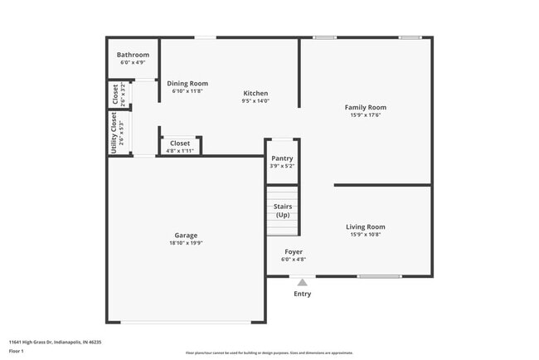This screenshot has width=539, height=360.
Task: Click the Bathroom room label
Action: [133, 55]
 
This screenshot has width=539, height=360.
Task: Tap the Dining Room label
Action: [187, 83]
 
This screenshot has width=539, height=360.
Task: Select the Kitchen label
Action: [255, 93]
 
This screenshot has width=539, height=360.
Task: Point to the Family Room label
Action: [366, 107]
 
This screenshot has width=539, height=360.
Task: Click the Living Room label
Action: [366, 226]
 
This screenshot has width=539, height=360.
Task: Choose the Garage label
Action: [186, 235]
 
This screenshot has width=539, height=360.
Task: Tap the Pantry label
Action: [282, 158]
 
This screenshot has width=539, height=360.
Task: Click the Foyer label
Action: [294, 251]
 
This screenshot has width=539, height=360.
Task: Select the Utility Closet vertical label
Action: [114, 133]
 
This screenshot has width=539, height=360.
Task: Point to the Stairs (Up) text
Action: [283, 211]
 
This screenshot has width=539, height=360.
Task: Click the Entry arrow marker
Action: [302, 283]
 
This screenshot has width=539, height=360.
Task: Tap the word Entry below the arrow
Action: [303, 294]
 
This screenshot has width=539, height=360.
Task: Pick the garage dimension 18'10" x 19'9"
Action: [186, 243]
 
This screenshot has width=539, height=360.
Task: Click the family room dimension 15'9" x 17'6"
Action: [366, 115]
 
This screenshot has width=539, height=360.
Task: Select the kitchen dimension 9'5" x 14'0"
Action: [255, 101]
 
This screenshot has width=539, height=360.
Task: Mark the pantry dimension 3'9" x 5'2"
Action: [282, 166]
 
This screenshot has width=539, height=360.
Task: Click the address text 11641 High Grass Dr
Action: [42, 341]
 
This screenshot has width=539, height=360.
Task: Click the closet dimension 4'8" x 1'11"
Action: [180, 150]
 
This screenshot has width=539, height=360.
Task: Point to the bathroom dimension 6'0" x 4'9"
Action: [133, 62]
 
